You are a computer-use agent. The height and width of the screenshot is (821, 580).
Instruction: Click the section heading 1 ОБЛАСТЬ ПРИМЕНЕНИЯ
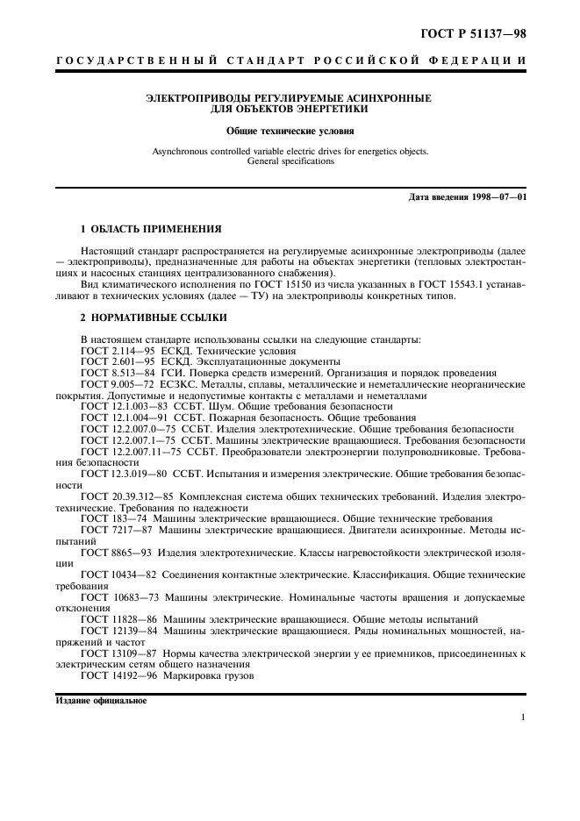click(x=150, y=229)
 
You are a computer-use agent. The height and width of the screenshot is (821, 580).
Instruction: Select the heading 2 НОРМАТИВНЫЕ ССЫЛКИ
click(x=152, y=316)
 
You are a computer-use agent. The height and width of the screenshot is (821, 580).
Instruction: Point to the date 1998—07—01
click(x=496, y=196)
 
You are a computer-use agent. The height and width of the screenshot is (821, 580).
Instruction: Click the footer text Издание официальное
click(x=102, y=701)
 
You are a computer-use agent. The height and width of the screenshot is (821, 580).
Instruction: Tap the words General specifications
click(x=290, y=162)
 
